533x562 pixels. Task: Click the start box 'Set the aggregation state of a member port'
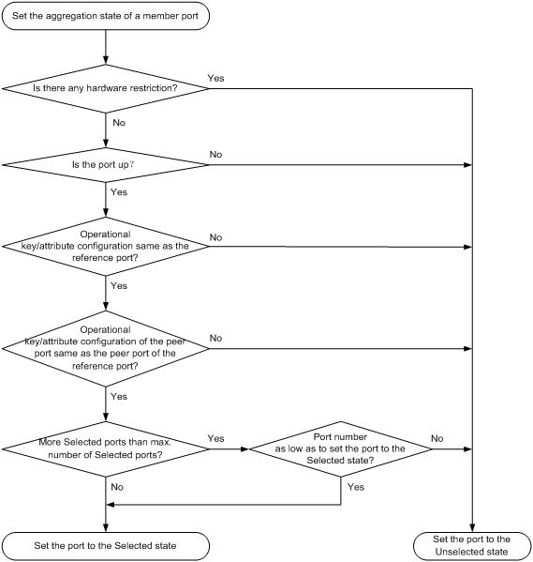(106, 16)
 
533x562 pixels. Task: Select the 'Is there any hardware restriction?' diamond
(106, 88)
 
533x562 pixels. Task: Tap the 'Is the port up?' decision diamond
(106, 165)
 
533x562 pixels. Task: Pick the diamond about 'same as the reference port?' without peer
(106, 246)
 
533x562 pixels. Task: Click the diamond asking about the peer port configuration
(106, 348)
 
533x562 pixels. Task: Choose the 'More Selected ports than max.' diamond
(106, 448)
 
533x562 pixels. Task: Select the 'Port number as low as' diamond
(341, 448)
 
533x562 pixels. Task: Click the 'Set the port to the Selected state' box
(106, 546)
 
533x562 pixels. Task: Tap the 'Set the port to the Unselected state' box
(472, 545)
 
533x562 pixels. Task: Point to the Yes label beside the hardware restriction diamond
(215, 78)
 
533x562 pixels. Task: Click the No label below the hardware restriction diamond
(119, 123)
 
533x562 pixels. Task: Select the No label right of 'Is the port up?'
(215, 155)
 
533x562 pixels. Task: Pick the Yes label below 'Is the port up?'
(119, 192)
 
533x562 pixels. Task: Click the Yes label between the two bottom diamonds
(215, 438)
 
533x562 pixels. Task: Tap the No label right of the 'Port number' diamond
(437, 438)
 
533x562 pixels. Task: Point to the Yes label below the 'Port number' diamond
(356, 487)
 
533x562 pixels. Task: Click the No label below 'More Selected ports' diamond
(117, 487)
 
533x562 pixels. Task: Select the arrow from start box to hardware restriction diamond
(106, 47)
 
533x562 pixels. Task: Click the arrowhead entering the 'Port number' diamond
(245, 448)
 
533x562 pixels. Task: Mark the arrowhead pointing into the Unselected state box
(472, 528)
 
